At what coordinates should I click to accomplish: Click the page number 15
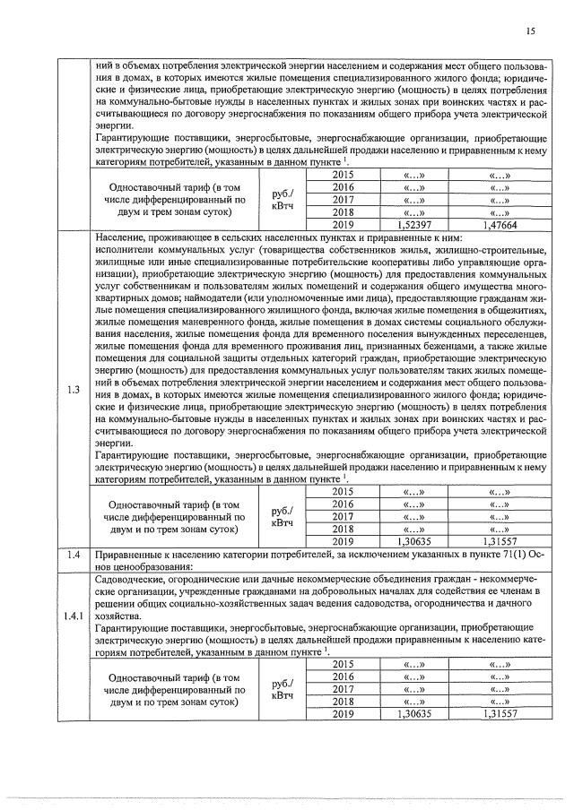click(x=531, y=31)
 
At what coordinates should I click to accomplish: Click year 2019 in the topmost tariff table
click(x=344, y=227)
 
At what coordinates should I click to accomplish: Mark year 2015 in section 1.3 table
click(x=344, y=491)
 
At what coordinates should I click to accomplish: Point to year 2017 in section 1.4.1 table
click(x=344, y=689)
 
